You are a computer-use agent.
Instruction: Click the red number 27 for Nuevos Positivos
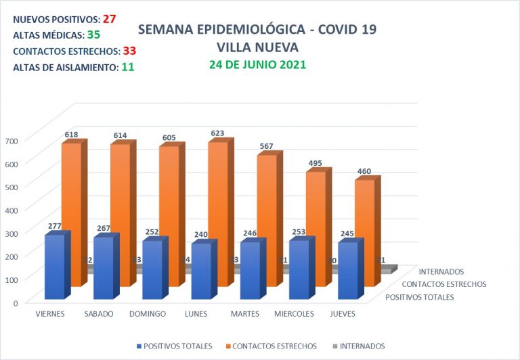pyautogui.click(x=109, y=18)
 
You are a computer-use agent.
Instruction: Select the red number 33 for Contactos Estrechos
pyautogui.click(x=130, y=51)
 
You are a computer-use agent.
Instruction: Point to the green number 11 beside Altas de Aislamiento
pyautogui.click(x=127, y=67)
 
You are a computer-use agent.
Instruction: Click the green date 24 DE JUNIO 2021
pyautogui.click(x=257, y=65)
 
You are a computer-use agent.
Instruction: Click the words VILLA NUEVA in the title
pyautogui.click(x=257, y=47)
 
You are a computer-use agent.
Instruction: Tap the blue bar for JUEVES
pyautogui.click(x=347, y=270)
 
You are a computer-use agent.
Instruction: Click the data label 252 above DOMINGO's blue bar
pyautogui.click(x=152, y=232)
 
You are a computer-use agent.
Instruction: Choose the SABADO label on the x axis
pyautogui.click(x=99, y=314)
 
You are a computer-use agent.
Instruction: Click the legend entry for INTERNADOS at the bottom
pyautogui.click(x=360, y=346)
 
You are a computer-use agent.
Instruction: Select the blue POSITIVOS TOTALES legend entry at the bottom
pyautogui.click(x=177, y=346)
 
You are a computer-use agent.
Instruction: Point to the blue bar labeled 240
pyautogui.click(x=201, y=271)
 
